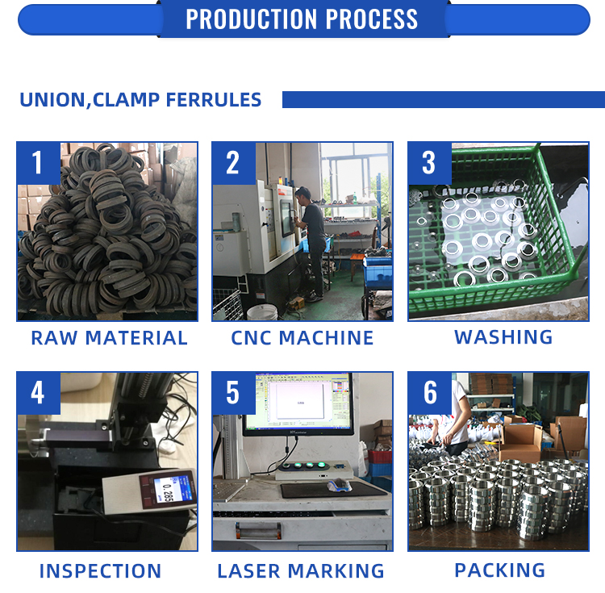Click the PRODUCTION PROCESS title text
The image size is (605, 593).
[x=302, y=19]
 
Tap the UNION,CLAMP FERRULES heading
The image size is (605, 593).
[x=140, y=99]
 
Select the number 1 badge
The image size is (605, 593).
[x=38, y=163]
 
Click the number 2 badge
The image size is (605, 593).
[x=233, y=163]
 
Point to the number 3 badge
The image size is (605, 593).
[x=429, y=163]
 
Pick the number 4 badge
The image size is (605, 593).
[x=38, y=393]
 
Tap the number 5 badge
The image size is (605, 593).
[x=233, y=393]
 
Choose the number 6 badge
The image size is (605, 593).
[x=429, y=393]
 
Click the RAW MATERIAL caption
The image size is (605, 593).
[x=109, y=338]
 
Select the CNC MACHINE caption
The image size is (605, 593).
[x=302, y=338]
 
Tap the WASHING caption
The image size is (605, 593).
[x=503, y=337]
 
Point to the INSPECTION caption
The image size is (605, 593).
[x=100, y=571]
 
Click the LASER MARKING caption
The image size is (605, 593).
[x=301, y=571]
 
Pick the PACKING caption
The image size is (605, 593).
[x=500, y=570]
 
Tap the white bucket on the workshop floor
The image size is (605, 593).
[x=262, y=312]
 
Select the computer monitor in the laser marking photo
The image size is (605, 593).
[x=298, y=404]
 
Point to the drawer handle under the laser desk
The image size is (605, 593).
[x=258, y=530]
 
